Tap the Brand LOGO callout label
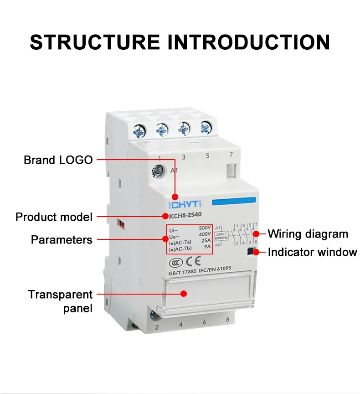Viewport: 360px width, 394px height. tap(58, 160)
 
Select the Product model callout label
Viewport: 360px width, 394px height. tap(54, 217)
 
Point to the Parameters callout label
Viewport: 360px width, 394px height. tap(62, 240)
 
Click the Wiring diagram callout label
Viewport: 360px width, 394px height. tap(308, 234)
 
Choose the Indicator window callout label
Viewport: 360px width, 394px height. tap(312, 252)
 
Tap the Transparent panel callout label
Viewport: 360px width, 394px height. tap(60, 301)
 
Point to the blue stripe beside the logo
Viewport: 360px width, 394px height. tap(234, 201)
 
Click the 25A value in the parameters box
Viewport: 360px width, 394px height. tap(206, 240)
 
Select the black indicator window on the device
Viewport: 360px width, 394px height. tap(250, 251)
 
